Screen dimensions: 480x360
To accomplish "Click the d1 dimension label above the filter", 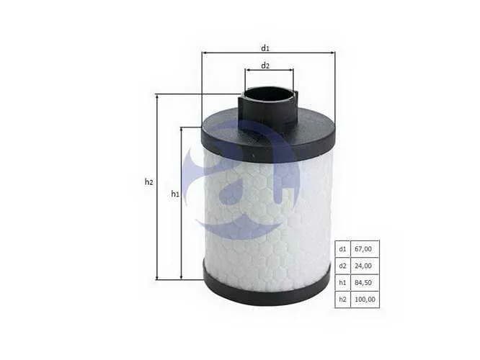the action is tap(265, 48).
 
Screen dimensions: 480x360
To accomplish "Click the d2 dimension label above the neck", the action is tap(265, 66).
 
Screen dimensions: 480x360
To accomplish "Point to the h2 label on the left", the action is tap(148, 182).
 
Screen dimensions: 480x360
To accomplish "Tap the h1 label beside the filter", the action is tap(175, 193).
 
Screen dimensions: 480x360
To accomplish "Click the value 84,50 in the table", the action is tap(363, 283).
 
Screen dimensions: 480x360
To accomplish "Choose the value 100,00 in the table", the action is tap(365, 300).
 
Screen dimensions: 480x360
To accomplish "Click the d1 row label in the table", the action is tap(342, 249).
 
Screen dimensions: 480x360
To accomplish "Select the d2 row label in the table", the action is tap(342, 266).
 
